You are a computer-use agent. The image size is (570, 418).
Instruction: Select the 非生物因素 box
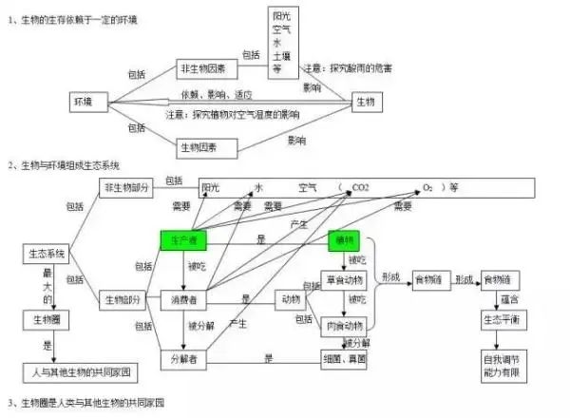tap(201, 69)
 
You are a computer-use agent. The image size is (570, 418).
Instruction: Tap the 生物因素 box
tap(201, 146)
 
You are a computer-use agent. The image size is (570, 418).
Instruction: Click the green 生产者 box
tap(183, 241)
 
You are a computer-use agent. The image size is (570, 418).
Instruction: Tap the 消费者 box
tap(183, 300)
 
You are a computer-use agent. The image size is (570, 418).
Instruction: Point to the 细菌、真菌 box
tap(345, 358)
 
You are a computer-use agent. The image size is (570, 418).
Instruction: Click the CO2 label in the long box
tap(362, 188)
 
